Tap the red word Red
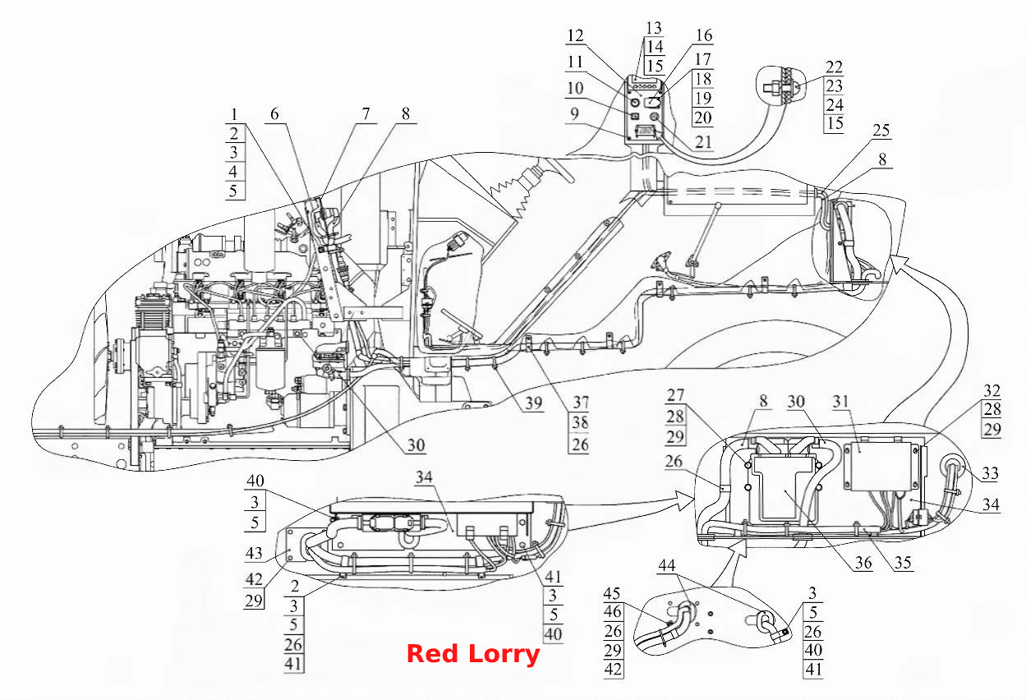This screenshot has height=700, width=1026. tap(432, 653)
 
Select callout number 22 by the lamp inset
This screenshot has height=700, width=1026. tap(834, 67)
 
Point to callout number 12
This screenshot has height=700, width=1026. tap(575, 35)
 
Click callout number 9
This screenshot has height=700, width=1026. tap(574, 113)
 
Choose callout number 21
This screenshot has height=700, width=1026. tap(703, 142)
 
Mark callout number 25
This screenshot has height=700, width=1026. tap(881, 131)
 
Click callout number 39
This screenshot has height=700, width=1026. tap(534, 403)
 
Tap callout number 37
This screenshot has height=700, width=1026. tap(580, 403)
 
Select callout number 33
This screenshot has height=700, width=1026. tap(990, 472)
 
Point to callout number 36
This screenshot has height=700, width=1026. tap(863, 563)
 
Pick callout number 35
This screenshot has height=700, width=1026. tap(903, 563)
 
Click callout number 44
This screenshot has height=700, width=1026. tap(666, 565)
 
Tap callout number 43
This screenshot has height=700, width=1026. tap(254, 553)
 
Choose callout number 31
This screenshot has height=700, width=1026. tap(840, 402)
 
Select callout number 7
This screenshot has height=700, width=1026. tap(366, 113)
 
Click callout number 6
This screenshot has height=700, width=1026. tap(274, 113)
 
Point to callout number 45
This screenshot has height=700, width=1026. tap(612, 594)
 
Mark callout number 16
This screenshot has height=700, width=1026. tap(704, 35)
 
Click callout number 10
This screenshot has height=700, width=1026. tap(575, 88)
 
